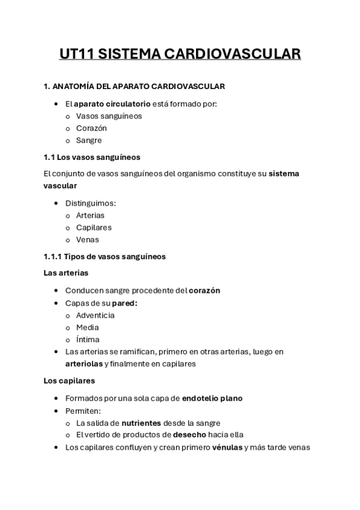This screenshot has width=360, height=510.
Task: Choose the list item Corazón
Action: click(x=91, y=128)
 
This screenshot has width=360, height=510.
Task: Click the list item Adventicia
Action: click(x=95, y=315)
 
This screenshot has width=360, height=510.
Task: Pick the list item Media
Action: click(x=87, y=327)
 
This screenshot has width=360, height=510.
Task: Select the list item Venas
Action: click(x=88, y=239)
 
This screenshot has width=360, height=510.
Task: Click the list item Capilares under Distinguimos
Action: click(x=94, y=227)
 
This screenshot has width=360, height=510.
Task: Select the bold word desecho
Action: click(x=189, y=435)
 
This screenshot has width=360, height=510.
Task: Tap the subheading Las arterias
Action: click(x=66, y=272)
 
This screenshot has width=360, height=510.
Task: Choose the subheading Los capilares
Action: click(x=69, y=381)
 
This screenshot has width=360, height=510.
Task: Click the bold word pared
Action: click(x=124, y=303)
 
